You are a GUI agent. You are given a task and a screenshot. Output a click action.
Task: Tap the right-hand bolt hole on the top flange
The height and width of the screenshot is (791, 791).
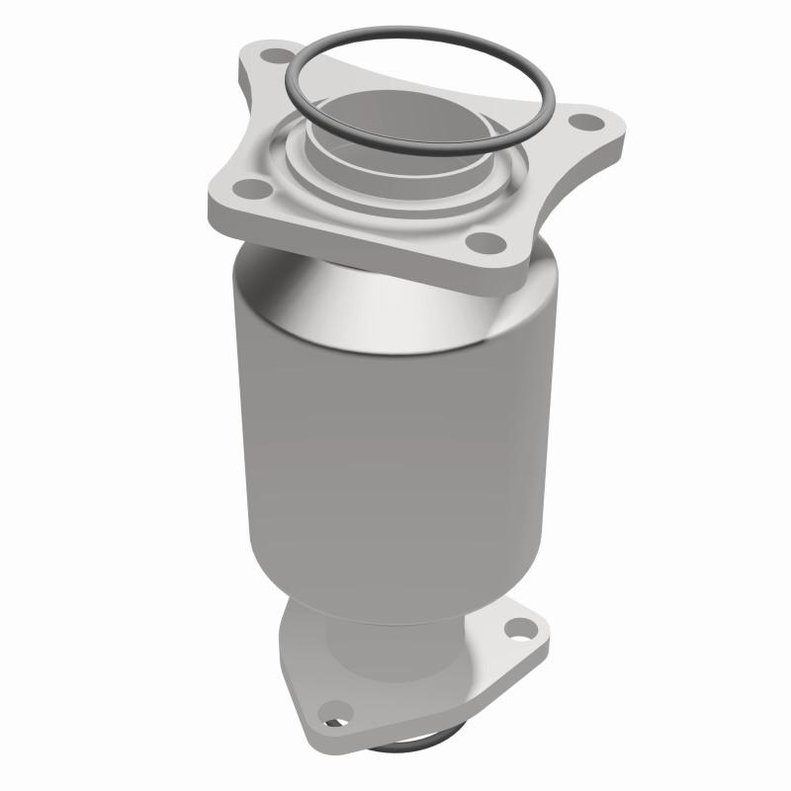click(x=590, y=123)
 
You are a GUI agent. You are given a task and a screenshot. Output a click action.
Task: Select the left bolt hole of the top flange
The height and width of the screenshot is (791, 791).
click(x=253, y=187)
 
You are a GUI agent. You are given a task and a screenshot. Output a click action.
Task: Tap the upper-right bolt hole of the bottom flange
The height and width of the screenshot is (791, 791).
click(x=518, y=626)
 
